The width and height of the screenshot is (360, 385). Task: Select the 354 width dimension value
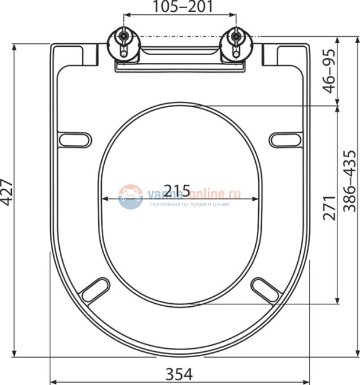(x=179, y=374)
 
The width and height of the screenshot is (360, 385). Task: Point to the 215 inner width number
(x=176, y=191)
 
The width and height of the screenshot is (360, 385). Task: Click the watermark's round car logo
(x=130, y=195)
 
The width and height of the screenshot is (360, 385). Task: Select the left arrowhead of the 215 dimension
(x=105, y=198)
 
